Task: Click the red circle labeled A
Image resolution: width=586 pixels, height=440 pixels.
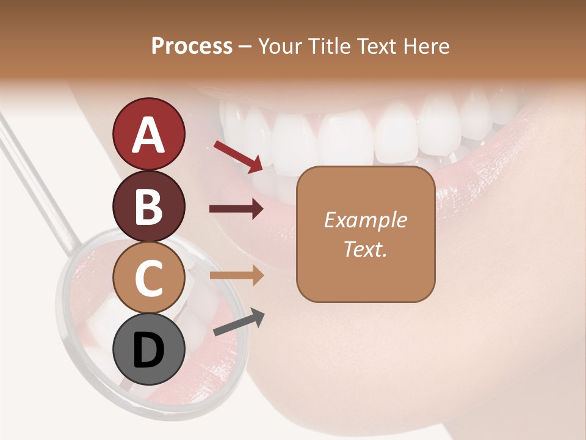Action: click(148, 134)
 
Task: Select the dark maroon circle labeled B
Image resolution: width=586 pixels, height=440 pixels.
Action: click(148, 206)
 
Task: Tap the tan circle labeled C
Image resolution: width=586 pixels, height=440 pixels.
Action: click(148, 277)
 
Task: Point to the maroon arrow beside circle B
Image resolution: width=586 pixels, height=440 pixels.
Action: click(236, 209)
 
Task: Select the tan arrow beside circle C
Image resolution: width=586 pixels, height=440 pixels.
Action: click(236, 276)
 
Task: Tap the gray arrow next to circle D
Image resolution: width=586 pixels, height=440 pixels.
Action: click(239, 322)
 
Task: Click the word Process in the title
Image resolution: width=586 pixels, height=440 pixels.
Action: click(192, 46)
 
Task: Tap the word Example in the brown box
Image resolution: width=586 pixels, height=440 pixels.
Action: click(365, 221)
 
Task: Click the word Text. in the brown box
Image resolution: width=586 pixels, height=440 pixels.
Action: click(365, 249)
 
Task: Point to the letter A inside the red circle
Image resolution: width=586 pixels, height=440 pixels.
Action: click(148, 135)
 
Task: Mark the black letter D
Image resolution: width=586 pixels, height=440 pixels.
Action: click(148, 350)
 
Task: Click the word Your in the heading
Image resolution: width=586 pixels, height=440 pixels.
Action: click(279, 46)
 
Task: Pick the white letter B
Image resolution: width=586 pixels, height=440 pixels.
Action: click(148, 207)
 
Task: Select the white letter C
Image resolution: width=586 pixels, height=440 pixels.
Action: click(148, 278)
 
